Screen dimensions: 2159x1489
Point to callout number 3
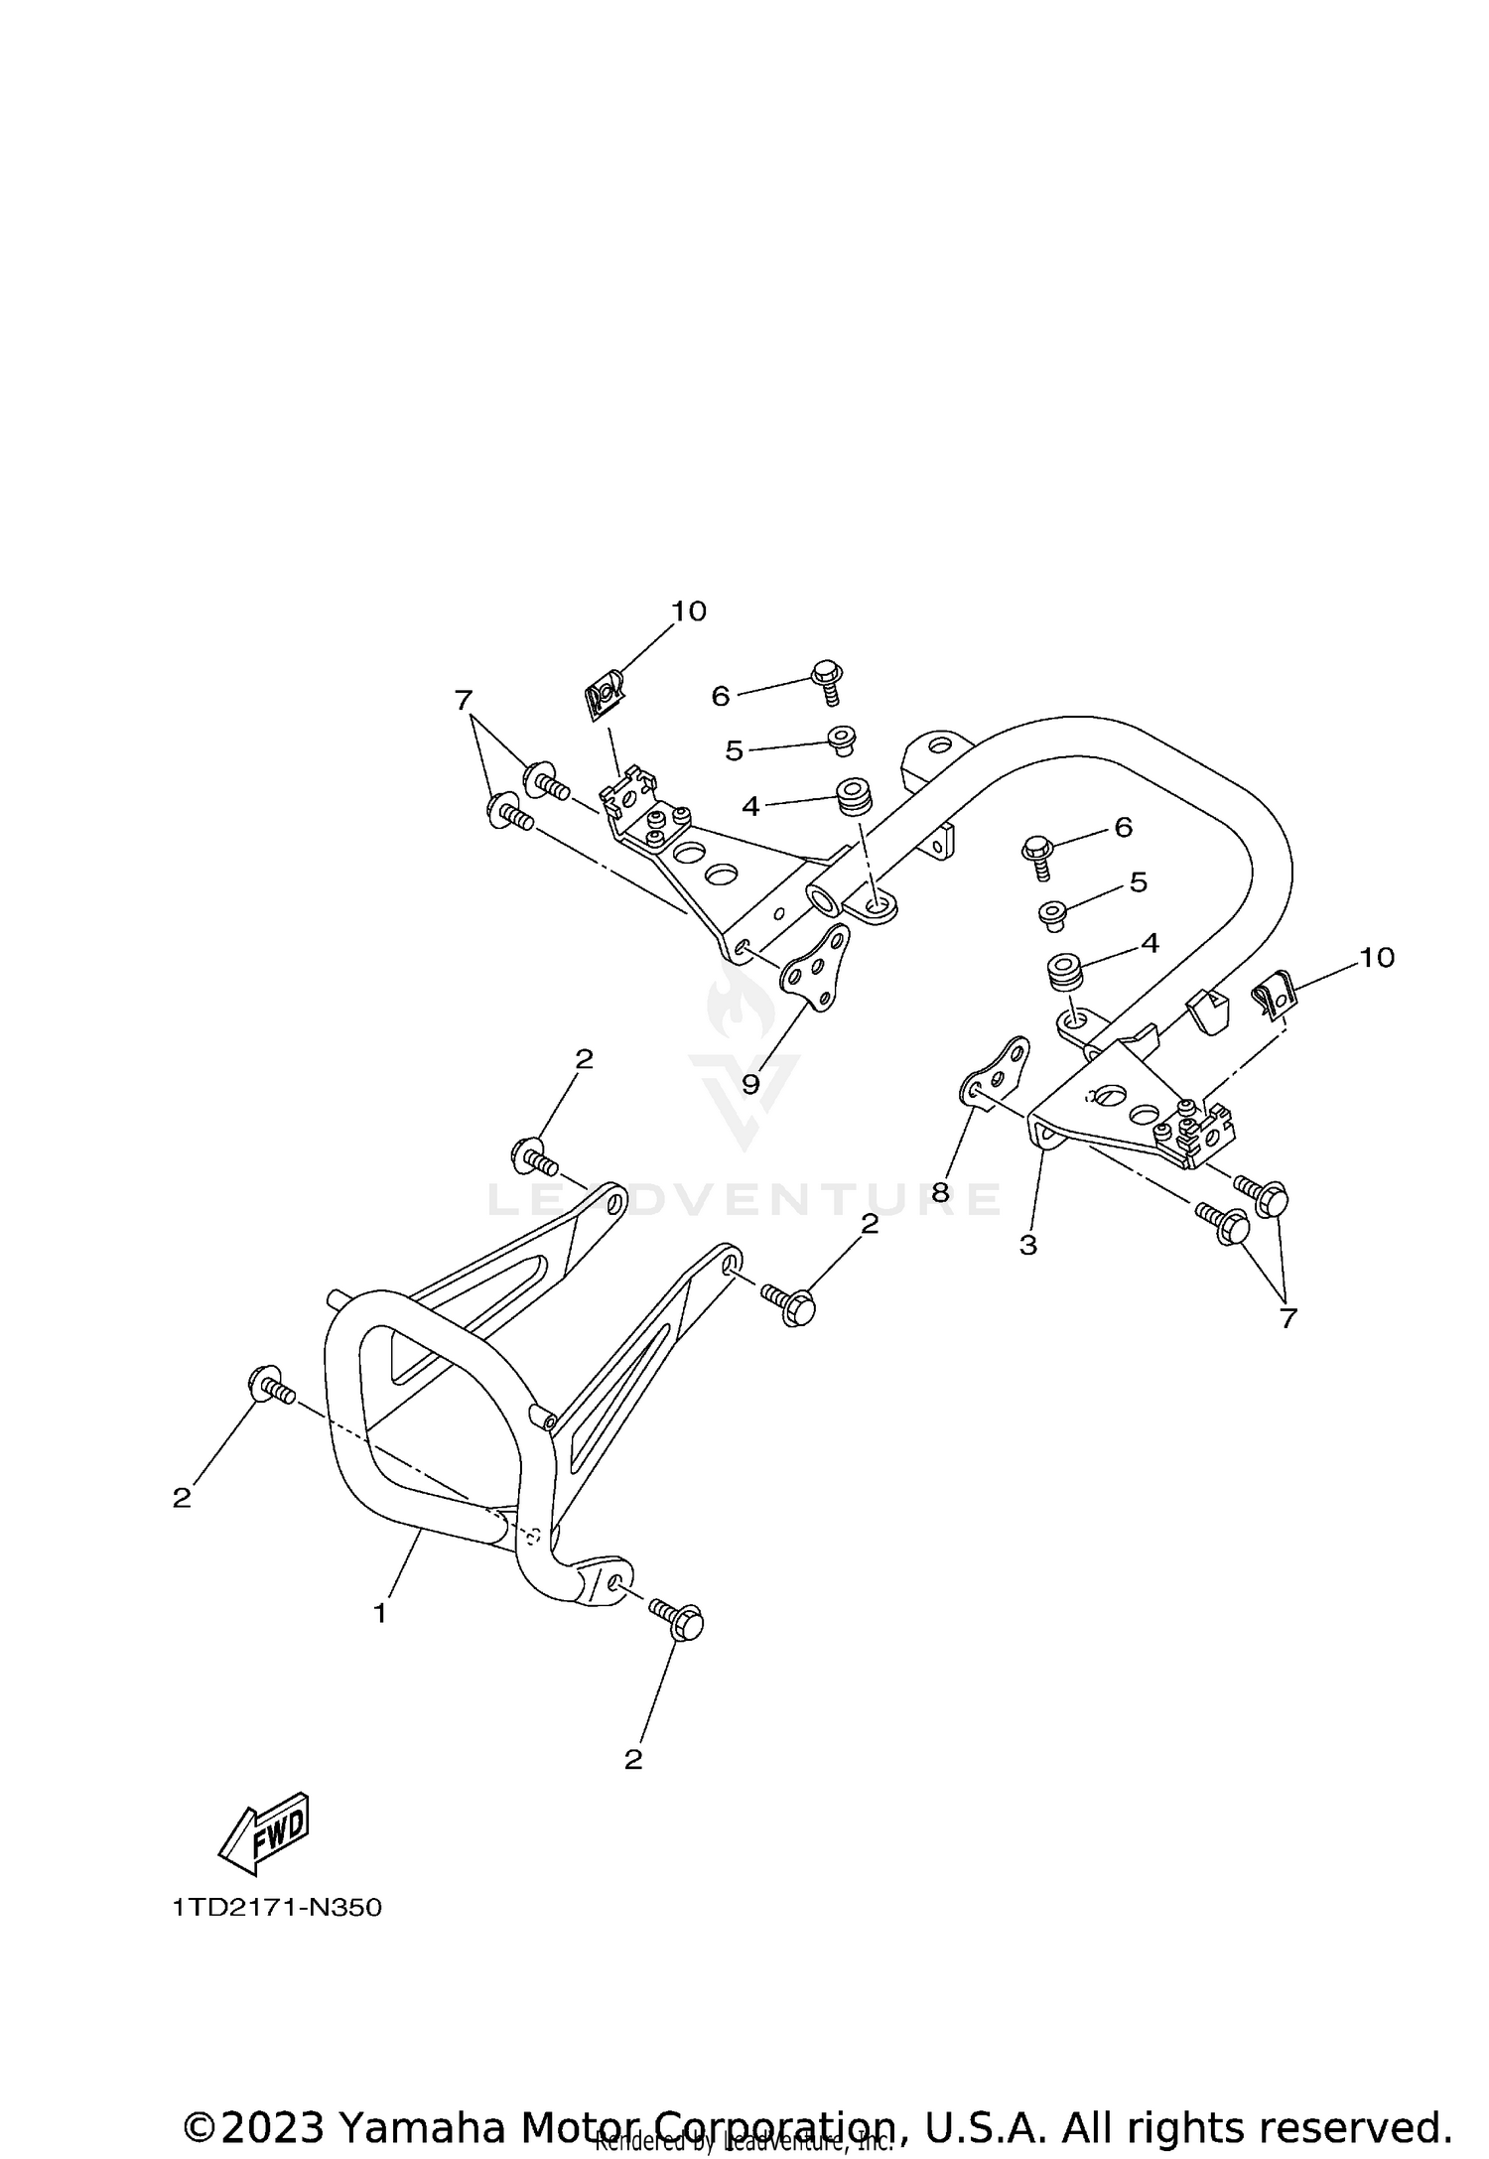click(x=1028, y=1244)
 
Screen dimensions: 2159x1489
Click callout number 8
click(x=941, y=1191)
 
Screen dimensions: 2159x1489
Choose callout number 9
click(x=750, y=1083)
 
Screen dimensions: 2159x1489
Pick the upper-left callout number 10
click(x=689, y=610)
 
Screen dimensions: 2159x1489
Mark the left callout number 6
click(x=721, y=696)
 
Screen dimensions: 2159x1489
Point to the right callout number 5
click(x=1138, y=881)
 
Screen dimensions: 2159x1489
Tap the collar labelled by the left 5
click(x=842, y=740)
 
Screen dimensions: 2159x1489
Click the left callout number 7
click(x=463, y=701)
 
